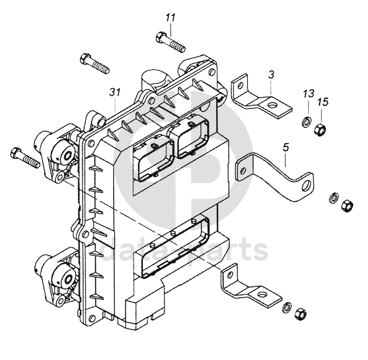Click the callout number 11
pyautogui.click(x=171, y=18)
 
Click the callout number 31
pyautogui.click(x=115, y=92)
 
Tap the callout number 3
pyautogui.click(x=271, y=75)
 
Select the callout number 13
pyautogui.click(x=309, y=94)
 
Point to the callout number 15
pyautogui.click(x=323, y=102)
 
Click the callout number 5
pyautogui.click(x=286, y=148)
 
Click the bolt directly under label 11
pyautogui.click(x=171, y=42)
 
